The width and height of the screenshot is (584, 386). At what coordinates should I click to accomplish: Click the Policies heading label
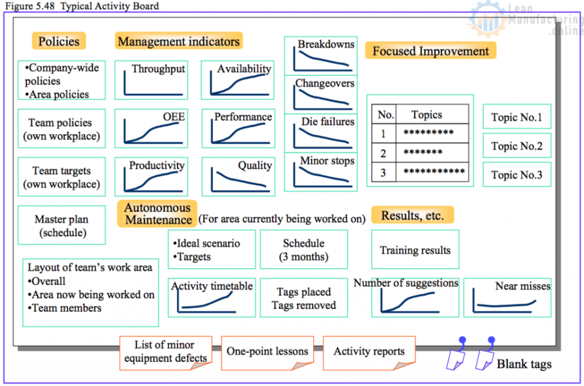(x=59, y=41)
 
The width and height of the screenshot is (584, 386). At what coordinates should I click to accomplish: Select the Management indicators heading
(x=179, y=41)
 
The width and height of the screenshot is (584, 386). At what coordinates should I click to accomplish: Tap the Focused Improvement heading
(x=431, y=51)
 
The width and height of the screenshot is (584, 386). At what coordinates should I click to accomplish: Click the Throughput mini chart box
(x=151, y=80)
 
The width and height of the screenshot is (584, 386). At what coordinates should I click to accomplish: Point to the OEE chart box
(x=151, y=128)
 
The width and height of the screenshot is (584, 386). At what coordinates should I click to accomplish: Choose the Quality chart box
(x=238, y=177)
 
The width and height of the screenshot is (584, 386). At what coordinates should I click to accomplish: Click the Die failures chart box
(x=321, y=133)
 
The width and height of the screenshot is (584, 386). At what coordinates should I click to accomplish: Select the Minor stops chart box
(x=321, y=172)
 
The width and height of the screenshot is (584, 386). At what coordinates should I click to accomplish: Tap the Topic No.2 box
(x=517, y=145)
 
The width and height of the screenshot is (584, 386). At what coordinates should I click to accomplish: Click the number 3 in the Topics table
(x=383, y=173)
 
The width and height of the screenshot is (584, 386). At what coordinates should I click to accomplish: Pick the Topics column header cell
(x=432, y=114)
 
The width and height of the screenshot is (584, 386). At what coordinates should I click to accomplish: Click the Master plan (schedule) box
(x=62, y=225)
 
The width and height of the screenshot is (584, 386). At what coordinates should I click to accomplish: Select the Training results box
(x=415, y=249)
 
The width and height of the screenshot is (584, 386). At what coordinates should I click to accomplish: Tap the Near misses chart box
(x=507, y=298)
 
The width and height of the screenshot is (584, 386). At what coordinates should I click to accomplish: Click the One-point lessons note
(x=267, y=353)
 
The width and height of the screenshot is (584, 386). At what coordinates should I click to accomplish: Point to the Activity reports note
(x=369, y=353)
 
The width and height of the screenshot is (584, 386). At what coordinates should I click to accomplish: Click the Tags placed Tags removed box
(x=304, y=298)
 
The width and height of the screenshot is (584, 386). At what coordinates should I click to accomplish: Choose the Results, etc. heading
(x=413, y=215)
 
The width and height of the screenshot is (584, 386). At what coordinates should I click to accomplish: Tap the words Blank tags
(x=524, y=364)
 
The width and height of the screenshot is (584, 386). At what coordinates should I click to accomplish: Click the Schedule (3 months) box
(x=304, y=249)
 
